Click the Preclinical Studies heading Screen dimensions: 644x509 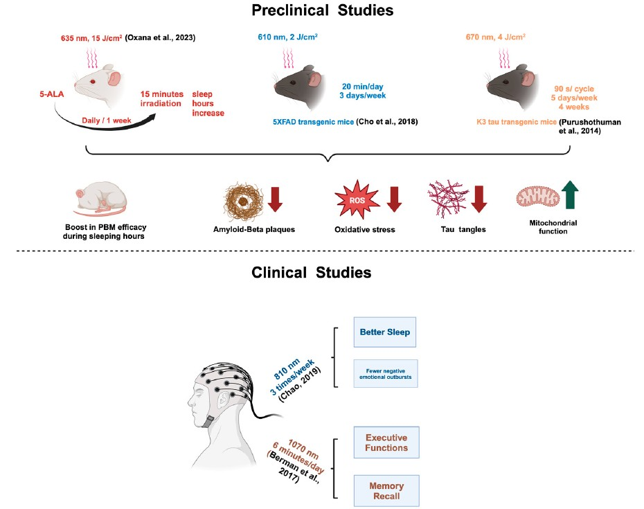click(x=323, y=10)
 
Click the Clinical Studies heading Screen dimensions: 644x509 click(x=312, y=272)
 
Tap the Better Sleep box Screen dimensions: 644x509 click(x=385, y=332)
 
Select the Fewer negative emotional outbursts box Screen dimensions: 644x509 click(x=386, y=373)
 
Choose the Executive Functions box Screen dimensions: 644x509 click(x=386, y=443)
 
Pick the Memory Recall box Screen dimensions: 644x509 click(x=386, y=490)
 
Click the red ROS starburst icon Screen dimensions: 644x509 click(x=357, y=199)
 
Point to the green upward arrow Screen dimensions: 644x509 click(x=570, y=195)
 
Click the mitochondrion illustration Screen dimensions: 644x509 click(x=537, y=197)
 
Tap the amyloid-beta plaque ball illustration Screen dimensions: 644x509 click(x=243, y=202)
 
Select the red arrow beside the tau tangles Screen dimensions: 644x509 click(x=479, y=199)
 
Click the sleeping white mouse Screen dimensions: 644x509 click(x=101, y=199)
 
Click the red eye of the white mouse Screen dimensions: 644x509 click(x=93, y=82)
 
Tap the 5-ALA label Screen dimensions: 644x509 click(x=52, y=94)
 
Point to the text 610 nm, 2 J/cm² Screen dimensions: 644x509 click(x=287, y=37)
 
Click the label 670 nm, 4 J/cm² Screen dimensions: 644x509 click(x=495, y=37)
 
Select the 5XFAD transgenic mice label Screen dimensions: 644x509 click(x=314, y=122)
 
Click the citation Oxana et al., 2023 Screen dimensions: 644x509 click(x=160, y=38)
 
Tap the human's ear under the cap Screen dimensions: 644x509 click(x=224, y=398)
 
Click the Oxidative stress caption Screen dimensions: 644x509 click(x=365, y=230)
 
